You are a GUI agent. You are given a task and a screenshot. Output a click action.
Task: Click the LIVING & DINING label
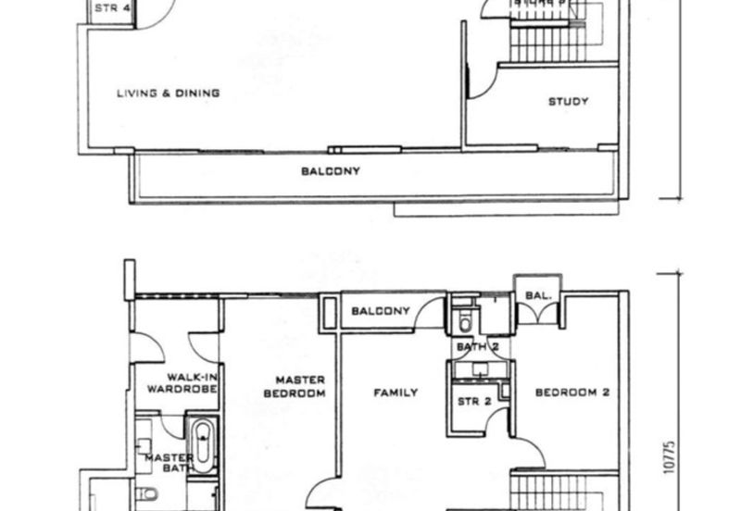pyautogui.click(x=168, y=93)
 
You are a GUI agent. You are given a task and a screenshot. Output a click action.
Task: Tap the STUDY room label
pyautogui.click(x=568, y=101)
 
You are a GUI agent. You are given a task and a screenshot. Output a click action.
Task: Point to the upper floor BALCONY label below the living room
pyautogui.click(x=331, y=171)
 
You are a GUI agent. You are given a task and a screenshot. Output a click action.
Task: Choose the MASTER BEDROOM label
pyautogui.click(x=300, y=386)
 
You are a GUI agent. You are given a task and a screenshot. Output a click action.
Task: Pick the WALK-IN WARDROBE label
pyautogui.click(x=192, y=383)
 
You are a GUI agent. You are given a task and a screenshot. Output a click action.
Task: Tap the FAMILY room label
pyautogui.click(x=396, y=393)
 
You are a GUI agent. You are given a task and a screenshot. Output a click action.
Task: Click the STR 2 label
pyautogui.click(x=473, y=402)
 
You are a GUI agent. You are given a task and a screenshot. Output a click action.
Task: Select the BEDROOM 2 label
pyautogui.click(x=572, y=393)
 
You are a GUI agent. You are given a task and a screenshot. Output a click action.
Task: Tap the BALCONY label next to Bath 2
pyautogui.click(x=381, y=311)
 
